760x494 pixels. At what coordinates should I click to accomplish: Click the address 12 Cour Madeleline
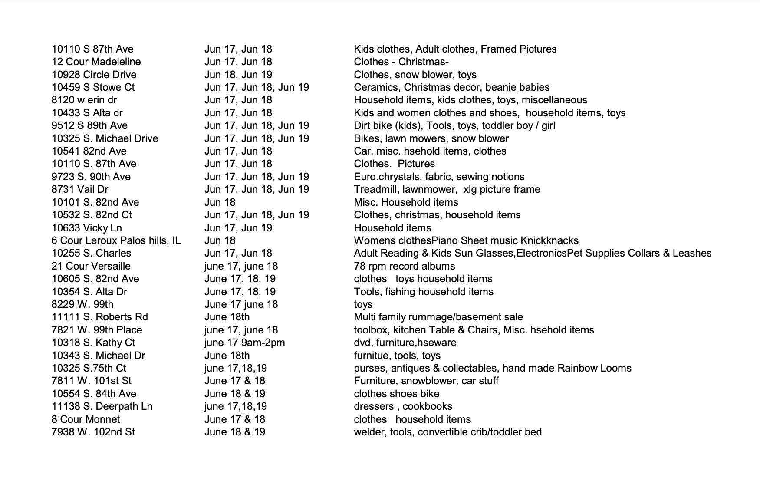96,62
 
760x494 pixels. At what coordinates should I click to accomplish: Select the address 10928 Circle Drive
94,75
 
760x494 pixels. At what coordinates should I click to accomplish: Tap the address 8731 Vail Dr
80,189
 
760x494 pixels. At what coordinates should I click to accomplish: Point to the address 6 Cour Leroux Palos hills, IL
116,240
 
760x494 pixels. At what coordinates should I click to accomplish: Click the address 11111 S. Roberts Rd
99,317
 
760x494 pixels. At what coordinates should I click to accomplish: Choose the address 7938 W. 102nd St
93,432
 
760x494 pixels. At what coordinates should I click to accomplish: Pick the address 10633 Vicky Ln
86,228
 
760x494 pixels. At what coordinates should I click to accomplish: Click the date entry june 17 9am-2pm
244,343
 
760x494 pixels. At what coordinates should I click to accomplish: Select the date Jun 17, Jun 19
238,228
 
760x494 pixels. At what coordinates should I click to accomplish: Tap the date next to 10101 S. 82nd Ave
220,202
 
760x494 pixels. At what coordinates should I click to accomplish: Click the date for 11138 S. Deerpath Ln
235,406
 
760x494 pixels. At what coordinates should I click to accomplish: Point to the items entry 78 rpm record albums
405,266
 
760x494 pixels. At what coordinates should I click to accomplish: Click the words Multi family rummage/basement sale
438,317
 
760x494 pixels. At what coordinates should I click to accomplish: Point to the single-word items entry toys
363,304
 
